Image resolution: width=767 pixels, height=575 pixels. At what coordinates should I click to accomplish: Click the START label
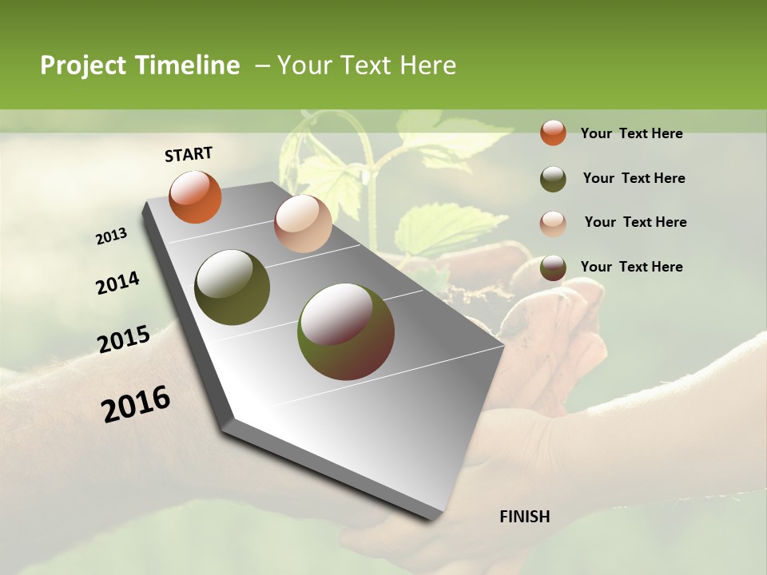coord(189,154)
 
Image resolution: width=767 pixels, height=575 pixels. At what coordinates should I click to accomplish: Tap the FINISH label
coord(524,517)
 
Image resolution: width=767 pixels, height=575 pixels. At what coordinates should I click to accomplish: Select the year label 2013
coord(112,236)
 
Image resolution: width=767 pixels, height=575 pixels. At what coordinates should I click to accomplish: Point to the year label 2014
coord(117,284)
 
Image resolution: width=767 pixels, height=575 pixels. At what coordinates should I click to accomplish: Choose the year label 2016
coord(136,404)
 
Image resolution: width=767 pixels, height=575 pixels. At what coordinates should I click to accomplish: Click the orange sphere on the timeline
coord(195,197)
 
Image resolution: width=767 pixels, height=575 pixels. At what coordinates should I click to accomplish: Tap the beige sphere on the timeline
coord(303,224)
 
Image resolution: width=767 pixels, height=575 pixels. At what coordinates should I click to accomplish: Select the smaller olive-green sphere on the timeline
coord(232,287)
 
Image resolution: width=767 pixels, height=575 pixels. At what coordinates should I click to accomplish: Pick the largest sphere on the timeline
coord(345,331)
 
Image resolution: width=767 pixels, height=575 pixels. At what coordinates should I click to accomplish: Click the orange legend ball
coord(553,133)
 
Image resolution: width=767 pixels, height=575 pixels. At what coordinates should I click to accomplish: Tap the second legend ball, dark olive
coord(553,179)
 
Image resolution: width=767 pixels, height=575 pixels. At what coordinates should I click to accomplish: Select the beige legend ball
coord(553,224)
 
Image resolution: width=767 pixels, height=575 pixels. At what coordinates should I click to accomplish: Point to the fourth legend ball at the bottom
coord(553,268)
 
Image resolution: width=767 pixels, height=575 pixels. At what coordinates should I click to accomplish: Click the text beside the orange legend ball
coord(631,133)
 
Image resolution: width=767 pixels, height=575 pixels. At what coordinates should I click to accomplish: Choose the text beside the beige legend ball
coord(635,222)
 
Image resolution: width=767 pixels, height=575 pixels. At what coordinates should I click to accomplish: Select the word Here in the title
coord(427,65)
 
